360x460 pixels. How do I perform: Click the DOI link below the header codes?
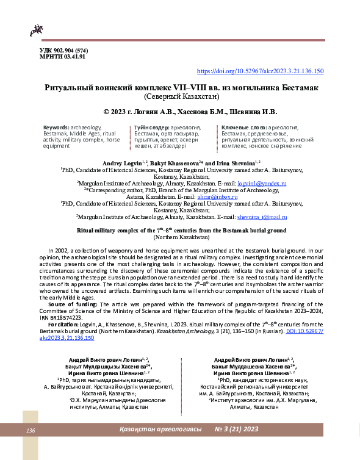point(260,71)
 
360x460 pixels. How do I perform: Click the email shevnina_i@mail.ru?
point(262,216)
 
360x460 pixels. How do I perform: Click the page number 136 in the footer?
point(31,431)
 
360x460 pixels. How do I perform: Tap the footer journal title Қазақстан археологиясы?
point(160,430)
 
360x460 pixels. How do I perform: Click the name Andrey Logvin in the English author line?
point(121,164)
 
